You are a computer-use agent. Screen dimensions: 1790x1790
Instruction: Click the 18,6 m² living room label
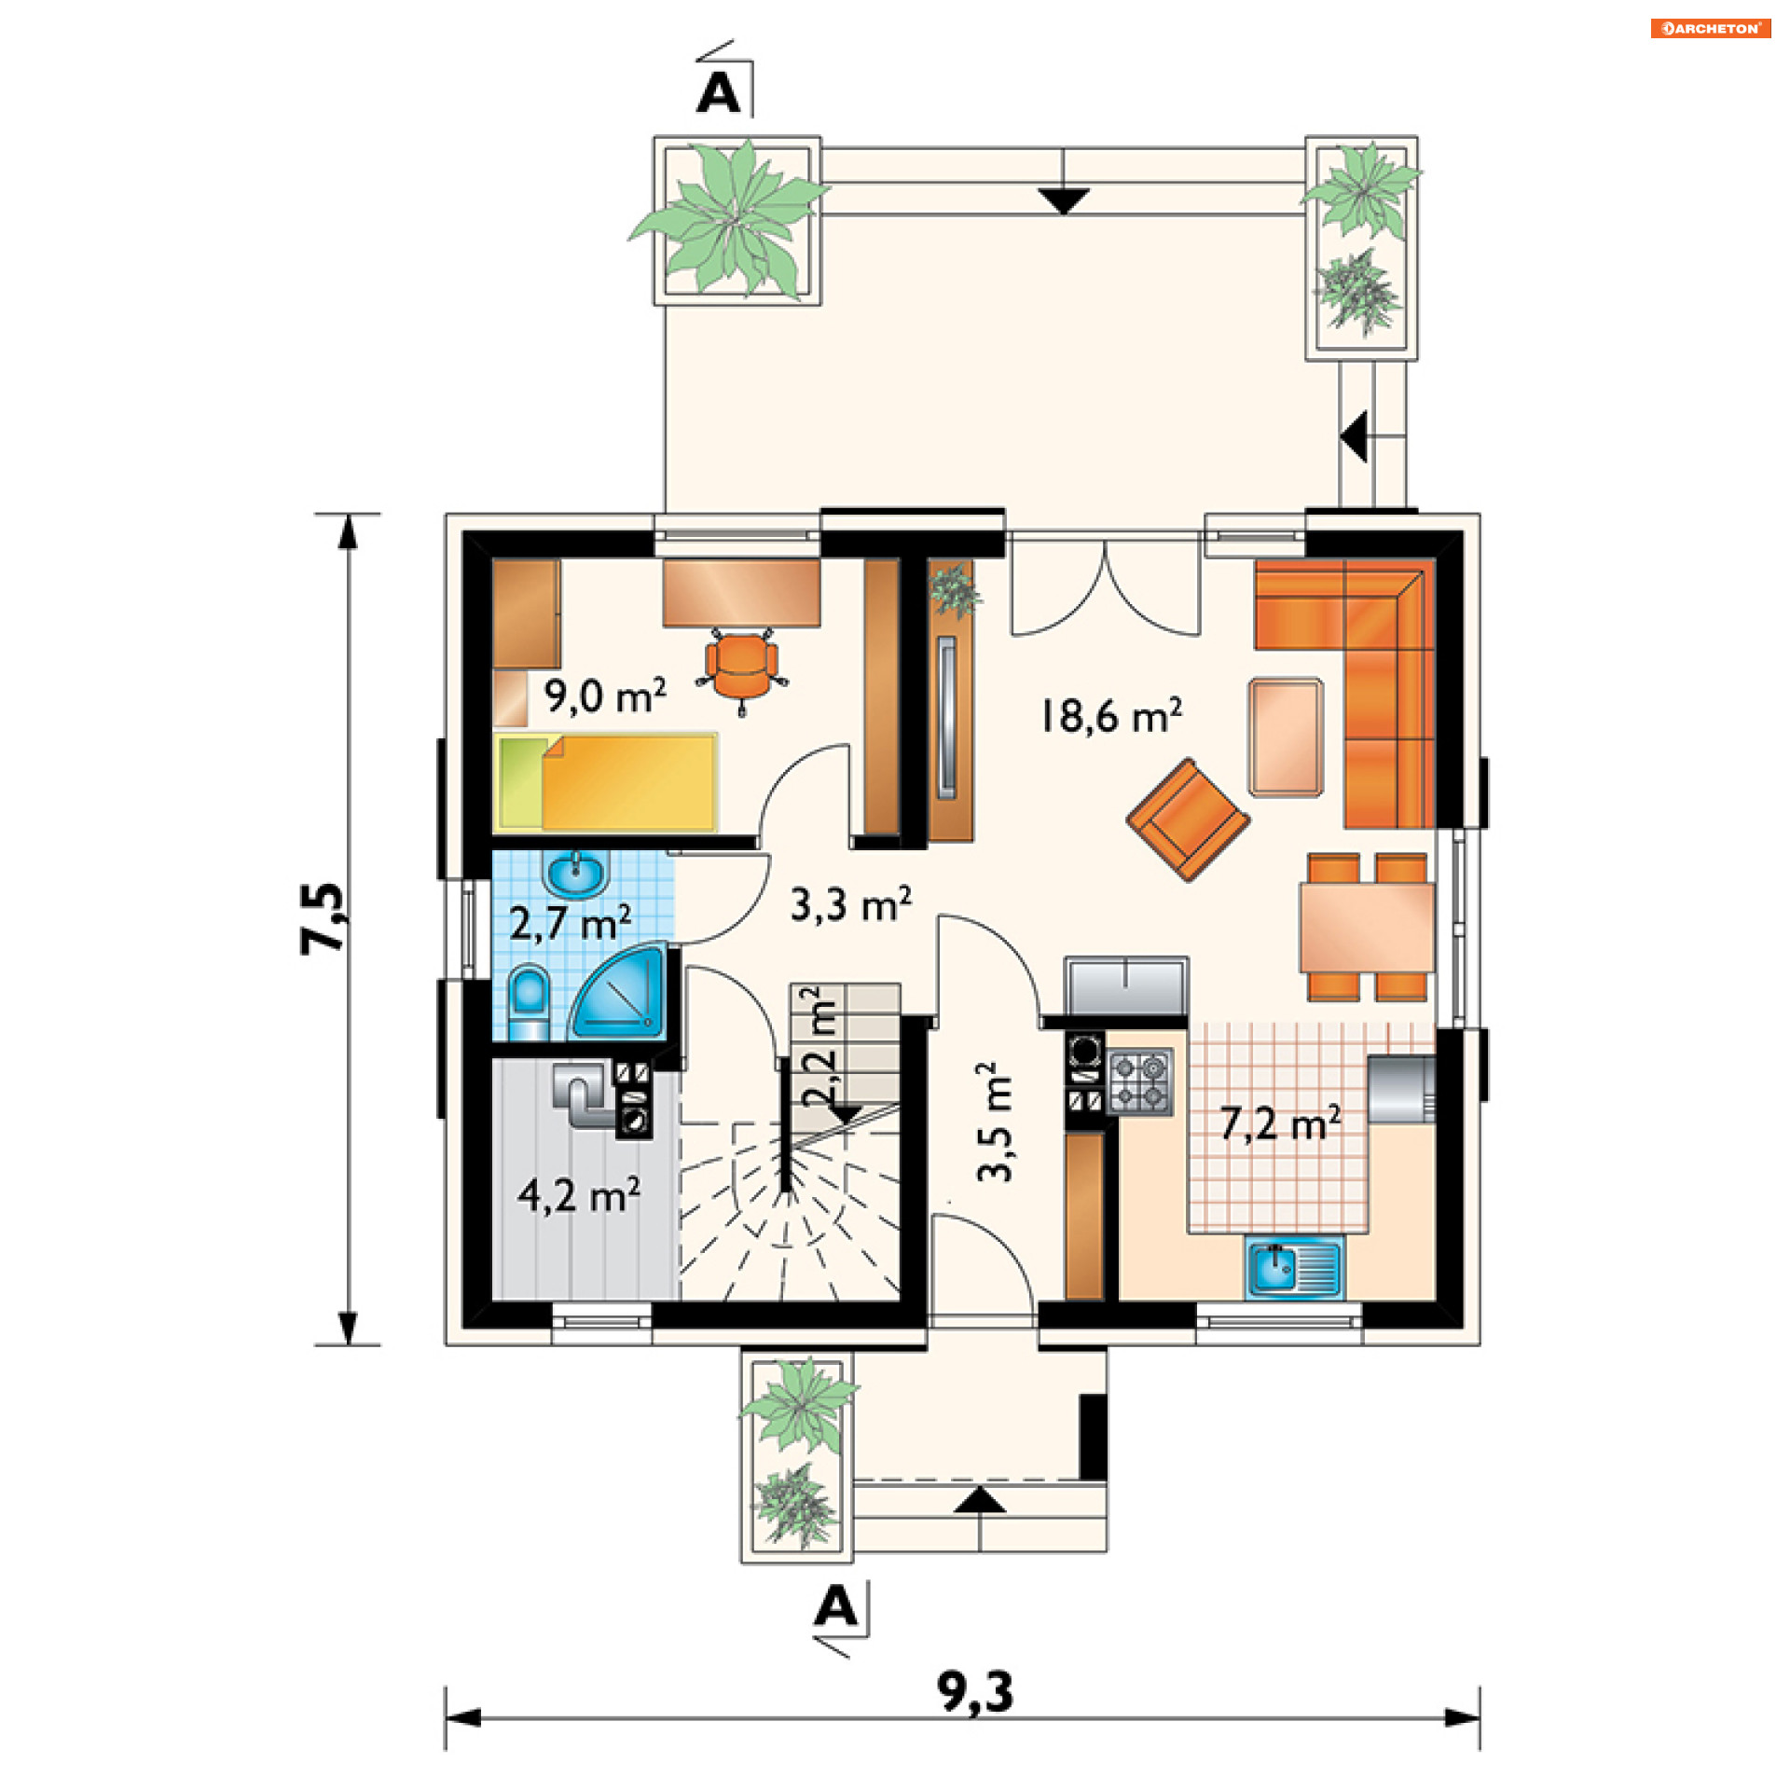click(x=1110, y=715)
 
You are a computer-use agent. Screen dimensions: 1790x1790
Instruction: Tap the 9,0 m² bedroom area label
click(x=605, y=695)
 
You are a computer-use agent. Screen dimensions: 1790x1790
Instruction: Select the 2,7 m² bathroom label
click(x=570, y=922)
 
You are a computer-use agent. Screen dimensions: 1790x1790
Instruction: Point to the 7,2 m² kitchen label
click(x=1280, y=1123)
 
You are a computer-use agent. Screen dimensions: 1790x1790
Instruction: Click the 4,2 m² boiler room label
click(x=578, y=1194)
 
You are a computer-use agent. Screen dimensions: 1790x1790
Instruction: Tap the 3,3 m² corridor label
click(x=850, y=903)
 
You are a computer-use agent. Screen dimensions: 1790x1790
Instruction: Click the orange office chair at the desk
click(x=742, y=668)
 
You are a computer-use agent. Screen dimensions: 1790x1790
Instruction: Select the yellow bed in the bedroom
click(x=606, y=782)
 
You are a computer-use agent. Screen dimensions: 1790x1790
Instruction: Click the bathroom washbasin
click(x=577, y=874)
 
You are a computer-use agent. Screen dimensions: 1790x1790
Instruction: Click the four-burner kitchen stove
click(x=1139, y=1081)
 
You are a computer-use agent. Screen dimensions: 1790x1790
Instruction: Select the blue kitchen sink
click(x=1294, y=1267)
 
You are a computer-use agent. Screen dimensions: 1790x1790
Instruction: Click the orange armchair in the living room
click(x=1188, y=819)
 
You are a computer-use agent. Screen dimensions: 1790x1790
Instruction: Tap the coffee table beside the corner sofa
click(x=1286, y=737)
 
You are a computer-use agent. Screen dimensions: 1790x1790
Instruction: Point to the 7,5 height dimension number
click(x=323, y=917)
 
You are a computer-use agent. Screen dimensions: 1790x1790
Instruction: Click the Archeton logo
click(x=1711, y=28)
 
